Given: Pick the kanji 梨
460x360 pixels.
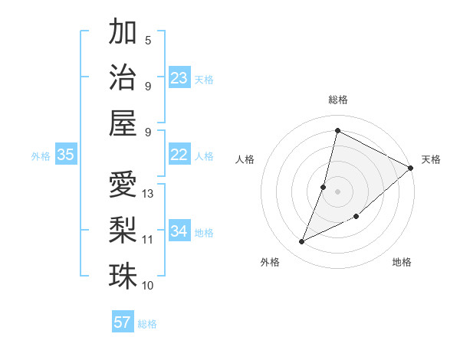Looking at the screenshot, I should (x=123, y=230).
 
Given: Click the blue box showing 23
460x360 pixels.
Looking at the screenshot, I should (x=179, y=78).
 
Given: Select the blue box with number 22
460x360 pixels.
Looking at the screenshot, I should (x=179, y=155).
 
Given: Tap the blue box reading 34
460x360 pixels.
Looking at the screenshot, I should (x=179, y=231).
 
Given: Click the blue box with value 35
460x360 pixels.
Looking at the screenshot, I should (x=65, y=155).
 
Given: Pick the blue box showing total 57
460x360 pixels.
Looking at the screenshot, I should (x=123, y=322).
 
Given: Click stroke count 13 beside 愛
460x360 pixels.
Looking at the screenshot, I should (x=149, y=194).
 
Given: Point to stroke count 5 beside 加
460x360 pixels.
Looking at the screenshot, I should (x=148, y=41).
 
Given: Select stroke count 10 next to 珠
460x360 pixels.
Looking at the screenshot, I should (x=148, y=286).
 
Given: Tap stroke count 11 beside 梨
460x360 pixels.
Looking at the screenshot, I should (x=148, y=240).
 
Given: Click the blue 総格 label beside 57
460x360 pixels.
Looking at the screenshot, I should (x=147, y=324).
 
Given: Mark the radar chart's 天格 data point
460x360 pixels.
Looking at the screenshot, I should (x=410, y=169).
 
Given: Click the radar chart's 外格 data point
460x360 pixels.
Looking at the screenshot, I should (x=302, y=242).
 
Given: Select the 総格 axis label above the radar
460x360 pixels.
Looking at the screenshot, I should (x=337, y=100).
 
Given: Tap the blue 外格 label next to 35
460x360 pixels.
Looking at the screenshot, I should (x=41, y=156).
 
